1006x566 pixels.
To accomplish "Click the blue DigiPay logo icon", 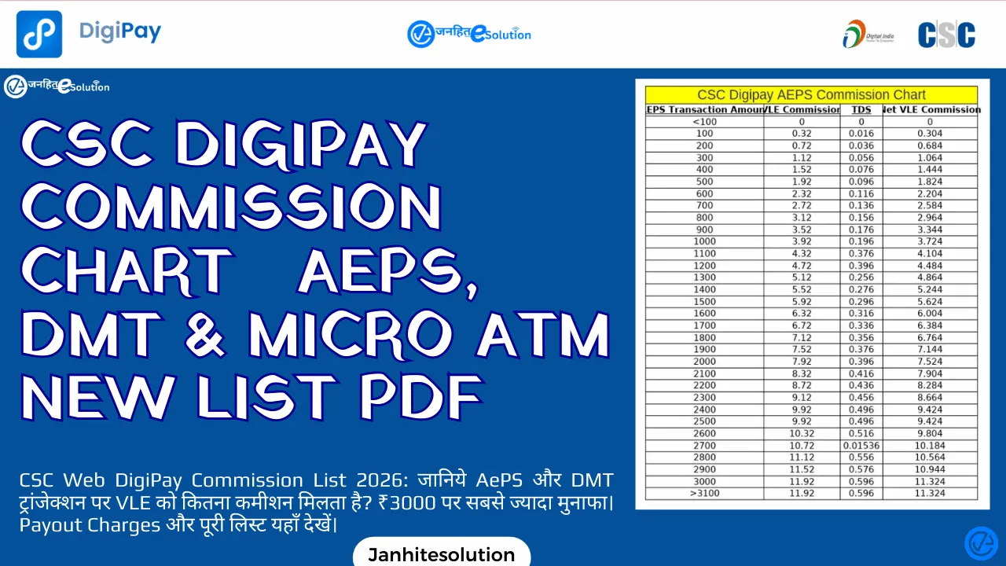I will [39, 34].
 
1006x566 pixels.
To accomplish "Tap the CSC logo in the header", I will [946, 35].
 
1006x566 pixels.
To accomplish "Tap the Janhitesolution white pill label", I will [442, 554].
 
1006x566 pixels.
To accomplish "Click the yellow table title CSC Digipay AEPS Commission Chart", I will [806, 95].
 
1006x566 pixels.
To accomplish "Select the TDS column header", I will [861, 110].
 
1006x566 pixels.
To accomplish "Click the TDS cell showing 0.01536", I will [861, 445].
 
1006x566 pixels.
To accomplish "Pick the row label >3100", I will [704, 493].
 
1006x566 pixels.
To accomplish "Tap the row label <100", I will [704, 122].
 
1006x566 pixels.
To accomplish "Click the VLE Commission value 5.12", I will [802, 277].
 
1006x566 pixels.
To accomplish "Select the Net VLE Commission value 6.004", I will [930, 313].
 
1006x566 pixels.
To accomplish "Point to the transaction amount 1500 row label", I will [704, 301].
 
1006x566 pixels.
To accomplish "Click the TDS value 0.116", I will [861, 193].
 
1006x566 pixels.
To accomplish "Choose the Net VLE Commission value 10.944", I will [930, 469].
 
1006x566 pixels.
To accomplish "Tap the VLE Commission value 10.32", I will [802, 433].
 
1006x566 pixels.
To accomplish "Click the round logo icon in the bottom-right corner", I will [980, 542].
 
